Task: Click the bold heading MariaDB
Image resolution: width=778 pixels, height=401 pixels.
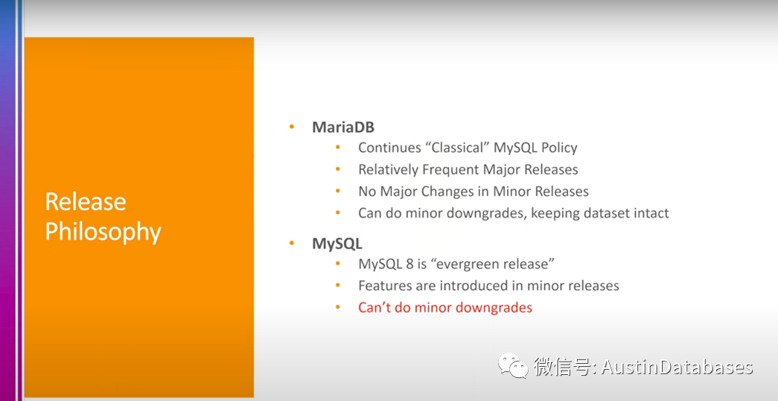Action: tap(343, 127)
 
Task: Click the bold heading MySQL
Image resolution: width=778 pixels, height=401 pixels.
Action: tap(337, 244)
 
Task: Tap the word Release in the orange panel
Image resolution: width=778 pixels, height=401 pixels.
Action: tap(86, 202)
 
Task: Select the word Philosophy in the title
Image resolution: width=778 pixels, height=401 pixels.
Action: tap(103, 232)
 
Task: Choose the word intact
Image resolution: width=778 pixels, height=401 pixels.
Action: tap(652, 213)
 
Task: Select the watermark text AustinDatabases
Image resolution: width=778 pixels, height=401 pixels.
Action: tap(677, 367)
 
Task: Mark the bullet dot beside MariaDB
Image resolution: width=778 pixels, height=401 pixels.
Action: tap(291, 127)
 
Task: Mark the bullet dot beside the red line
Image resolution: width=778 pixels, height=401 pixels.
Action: tap(338, 308)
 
